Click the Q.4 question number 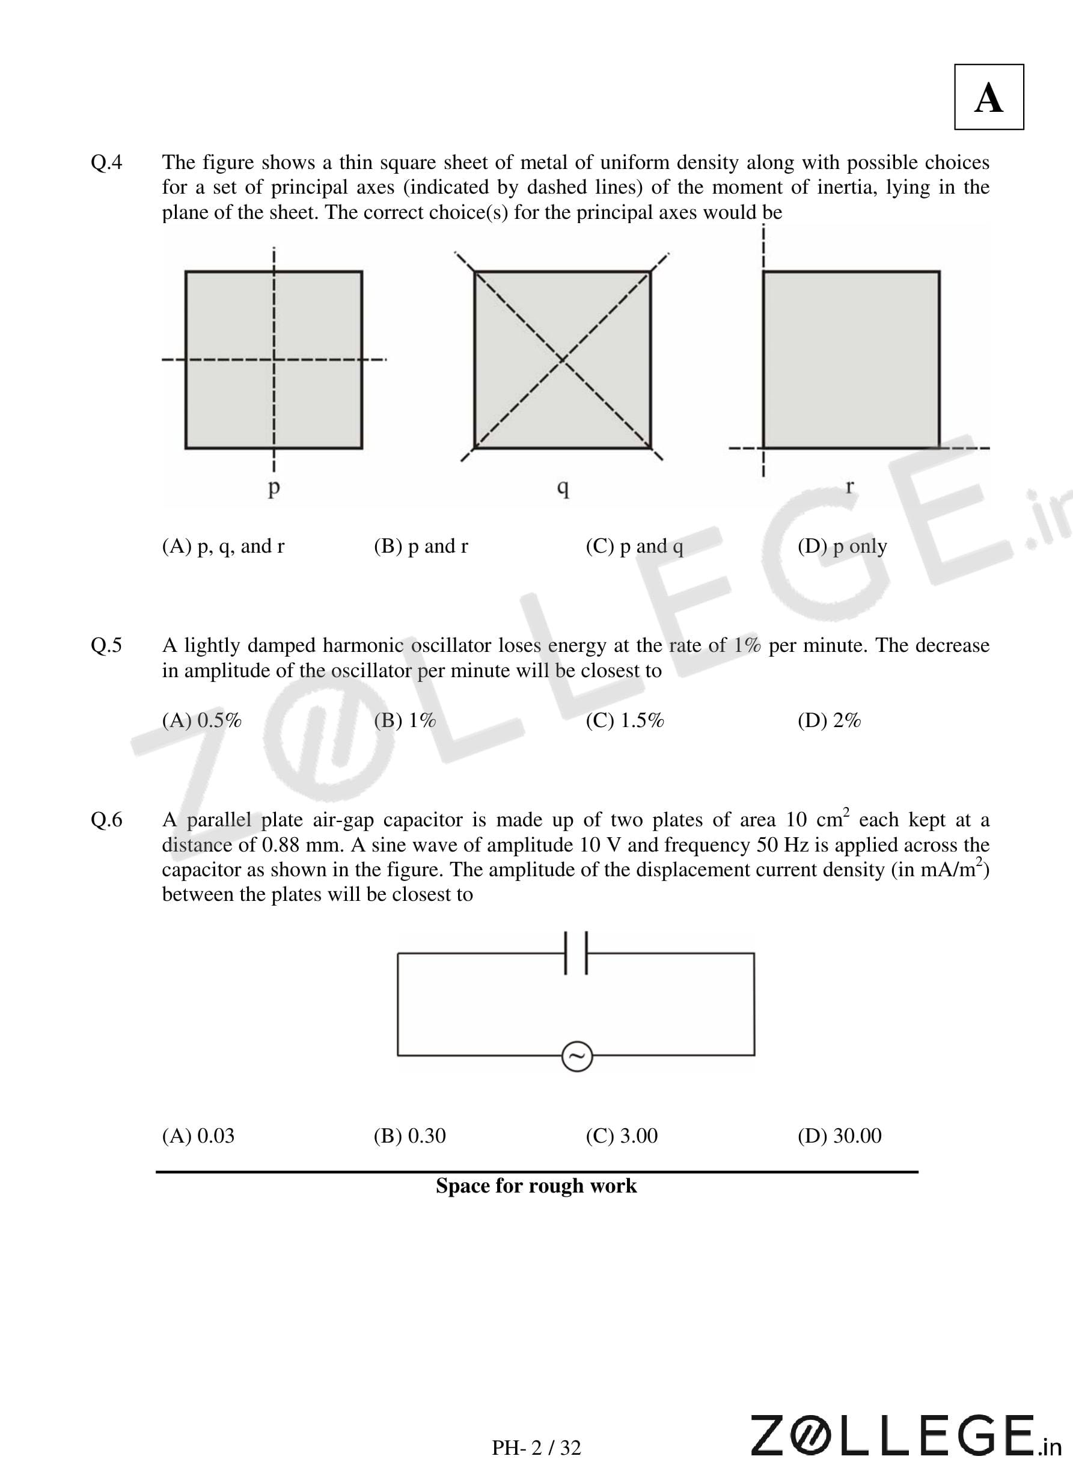[x=106, y=162]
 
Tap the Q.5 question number [x=106, y=645]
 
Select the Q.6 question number [x=106, y=819]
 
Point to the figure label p [x=274, y=487]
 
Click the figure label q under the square [x=563, y=487]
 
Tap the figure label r [x=849, y=485]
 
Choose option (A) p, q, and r [x=223, y=546]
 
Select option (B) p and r [x=420, y=546]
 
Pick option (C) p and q [x=634, y=546]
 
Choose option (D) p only [x=842, y=546]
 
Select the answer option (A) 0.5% [x=201, y=720]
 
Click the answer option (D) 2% [x=829, y=720]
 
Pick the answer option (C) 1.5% [x=625, y=720]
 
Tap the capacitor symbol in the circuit [x=576, y=953]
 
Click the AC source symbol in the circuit [x=576, y=1056]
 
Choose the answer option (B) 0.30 [x=409, y=1136]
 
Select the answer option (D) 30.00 [x=839, y=1136]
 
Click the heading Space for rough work [x=536, y=1186]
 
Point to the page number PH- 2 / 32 [x=536, y=1448]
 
